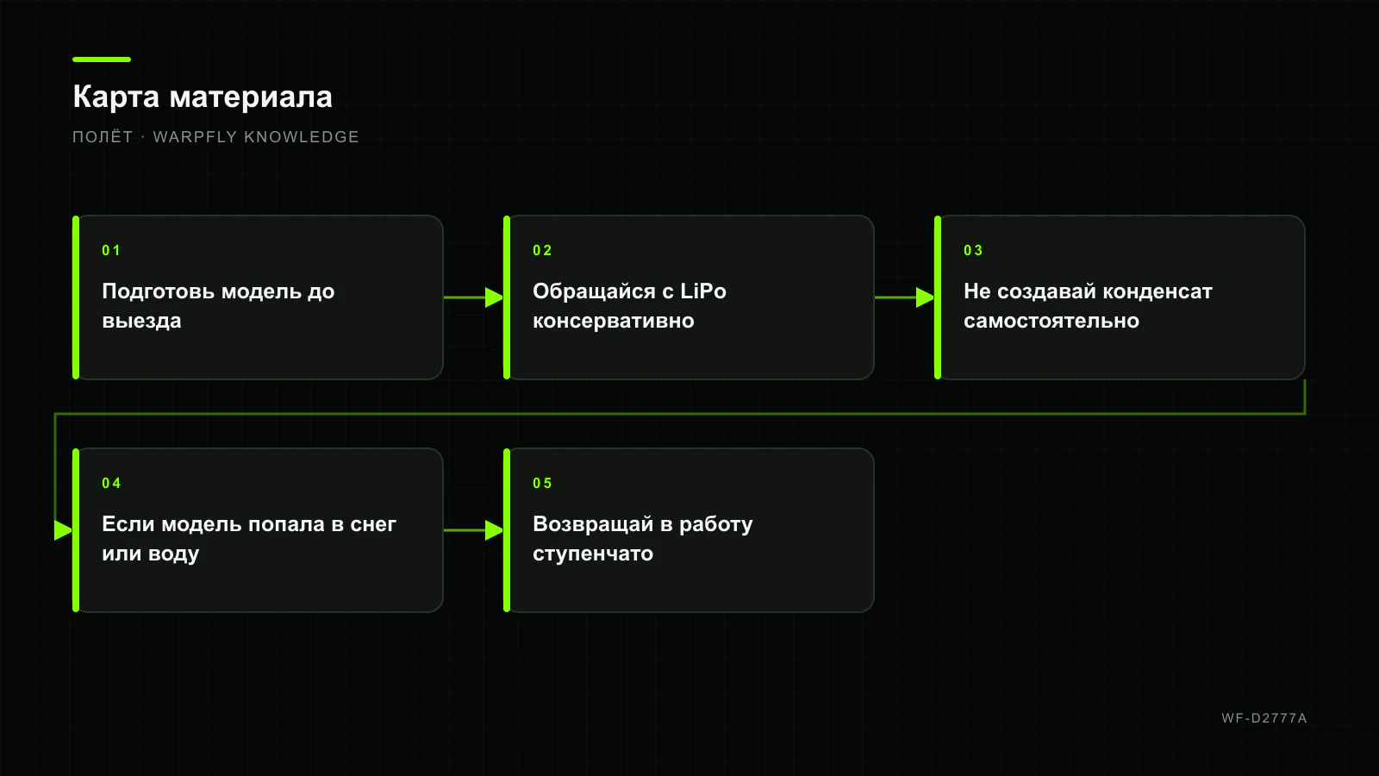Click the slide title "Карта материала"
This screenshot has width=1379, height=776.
point(203,97)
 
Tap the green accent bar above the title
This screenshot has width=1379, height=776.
point(102,59)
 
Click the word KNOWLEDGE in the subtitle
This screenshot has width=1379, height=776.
point(302,137)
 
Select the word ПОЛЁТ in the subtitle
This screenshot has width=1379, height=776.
point(103,136)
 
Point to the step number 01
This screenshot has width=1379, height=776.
point(111,251)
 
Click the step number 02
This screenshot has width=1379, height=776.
point(542,251)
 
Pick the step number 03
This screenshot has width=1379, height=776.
point(973,251)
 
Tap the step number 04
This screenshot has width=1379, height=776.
point(111,484)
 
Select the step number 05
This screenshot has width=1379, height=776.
point(542,484)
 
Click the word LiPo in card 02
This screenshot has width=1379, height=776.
point(703,291)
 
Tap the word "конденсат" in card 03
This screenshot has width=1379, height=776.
point(1157,291)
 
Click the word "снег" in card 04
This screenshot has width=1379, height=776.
point(373,524)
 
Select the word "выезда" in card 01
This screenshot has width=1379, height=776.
point(141,321)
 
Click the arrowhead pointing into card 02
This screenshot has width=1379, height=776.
point(495,297)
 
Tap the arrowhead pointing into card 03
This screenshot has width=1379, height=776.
point(926,297)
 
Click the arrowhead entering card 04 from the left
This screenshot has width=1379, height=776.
point(64,530)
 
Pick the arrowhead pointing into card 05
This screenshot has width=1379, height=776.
point(495,530)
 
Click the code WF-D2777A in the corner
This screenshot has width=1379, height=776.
point(1264,718)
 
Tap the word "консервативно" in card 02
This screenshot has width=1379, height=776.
point(613,321)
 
